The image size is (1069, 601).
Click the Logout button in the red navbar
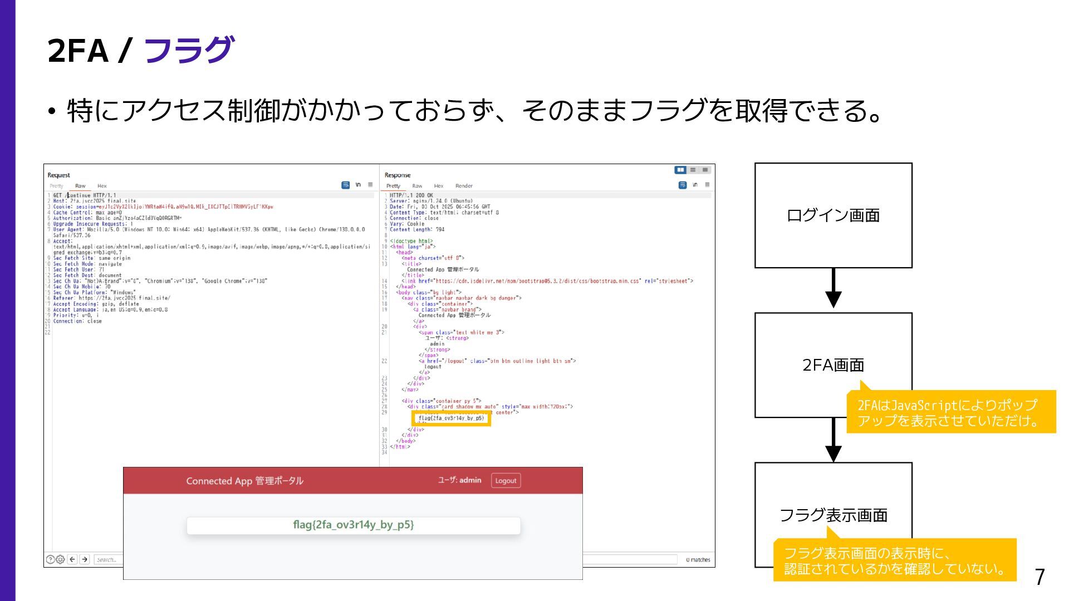point(506,481)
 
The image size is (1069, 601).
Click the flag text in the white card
point(354,525)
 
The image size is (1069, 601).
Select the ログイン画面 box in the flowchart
point(833,215)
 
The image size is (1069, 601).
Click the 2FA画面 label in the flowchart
point(833,365)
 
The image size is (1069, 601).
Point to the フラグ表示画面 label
point(833,515)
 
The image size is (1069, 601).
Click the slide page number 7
point(1039,578)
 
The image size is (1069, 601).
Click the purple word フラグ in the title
point(189,50)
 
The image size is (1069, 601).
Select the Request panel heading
point(59,175)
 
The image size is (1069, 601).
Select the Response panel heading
point(397,175)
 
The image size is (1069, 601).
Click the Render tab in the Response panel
point(464,186)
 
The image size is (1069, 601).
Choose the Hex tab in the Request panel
point(102,186)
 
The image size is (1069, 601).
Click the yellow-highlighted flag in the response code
point(451,418)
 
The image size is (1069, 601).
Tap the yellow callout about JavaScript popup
point(950,412)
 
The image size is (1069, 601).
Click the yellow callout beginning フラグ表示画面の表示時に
point(894,560)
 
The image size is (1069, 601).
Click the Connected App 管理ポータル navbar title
point(244,481)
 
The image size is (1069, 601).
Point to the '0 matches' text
point(698,560)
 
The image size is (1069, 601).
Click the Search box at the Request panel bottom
point(107,560)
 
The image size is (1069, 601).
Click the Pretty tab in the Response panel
point(393,186)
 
